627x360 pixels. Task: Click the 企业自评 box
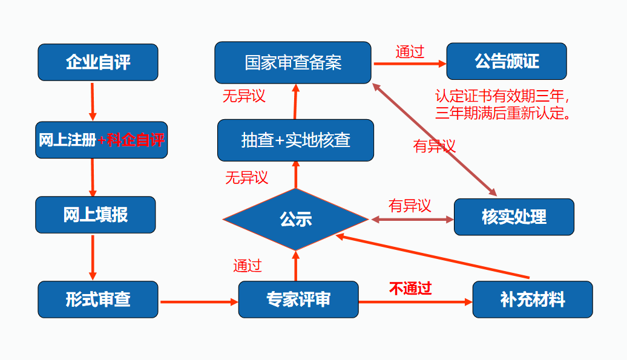(97, 62)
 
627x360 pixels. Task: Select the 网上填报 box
(95, 215)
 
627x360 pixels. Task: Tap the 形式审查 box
(97, 299)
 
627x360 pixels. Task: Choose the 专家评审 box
(298, 299)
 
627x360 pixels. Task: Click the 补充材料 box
(532, 299)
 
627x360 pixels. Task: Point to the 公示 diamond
(295, 218)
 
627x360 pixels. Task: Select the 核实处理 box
(513, 217)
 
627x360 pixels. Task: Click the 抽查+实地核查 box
(295, 140)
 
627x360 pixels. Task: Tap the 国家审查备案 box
(293, 62)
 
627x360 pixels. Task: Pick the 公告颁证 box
(506, 61)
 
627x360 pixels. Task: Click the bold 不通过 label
(410, 289)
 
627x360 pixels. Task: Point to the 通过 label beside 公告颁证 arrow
(409, 52)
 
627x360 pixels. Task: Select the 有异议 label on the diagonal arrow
(434, 146)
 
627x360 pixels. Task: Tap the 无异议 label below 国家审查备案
(244, 96)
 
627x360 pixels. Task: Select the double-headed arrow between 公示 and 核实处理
(412, 219)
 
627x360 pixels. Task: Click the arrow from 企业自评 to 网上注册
(93, 101)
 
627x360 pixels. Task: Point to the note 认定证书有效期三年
(503, 97)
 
